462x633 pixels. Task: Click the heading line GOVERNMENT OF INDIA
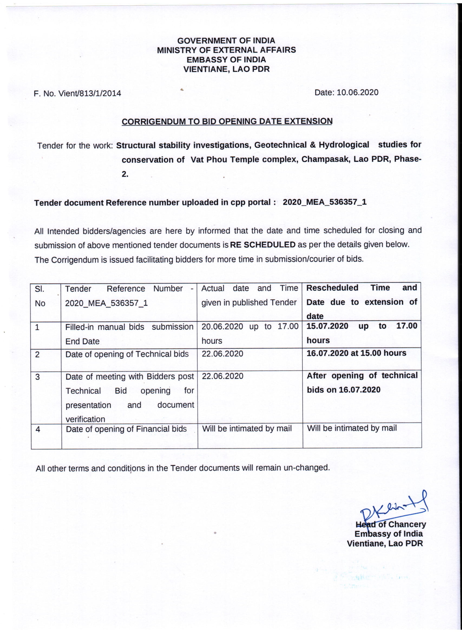click(x=226, y=41)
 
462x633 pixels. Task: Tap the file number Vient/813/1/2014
click(x=89, y=93)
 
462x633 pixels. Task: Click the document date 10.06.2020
click(x=358, y=93)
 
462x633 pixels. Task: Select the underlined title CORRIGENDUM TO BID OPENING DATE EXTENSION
click(x=227, y=121)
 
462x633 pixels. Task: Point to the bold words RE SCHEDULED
click(x=263, y=245)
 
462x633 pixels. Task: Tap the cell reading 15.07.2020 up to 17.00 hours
click(x=362, y=333)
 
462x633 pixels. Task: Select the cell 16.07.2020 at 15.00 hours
click(x=356, y=353)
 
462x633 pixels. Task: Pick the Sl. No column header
click(x=40, y=296)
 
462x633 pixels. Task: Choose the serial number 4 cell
click(x=38, y=429)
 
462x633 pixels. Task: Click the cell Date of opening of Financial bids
click(x=126, y=429)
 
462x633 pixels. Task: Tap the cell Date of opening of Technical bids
click(x=127, y=354)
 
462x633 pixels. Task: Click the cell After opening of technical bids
click(x=362, y=383)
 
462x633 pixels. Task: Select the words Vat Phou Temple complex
click(x=243, y=159)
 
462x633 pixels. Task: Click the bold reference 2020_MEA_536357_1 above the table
click(x=325, y=202)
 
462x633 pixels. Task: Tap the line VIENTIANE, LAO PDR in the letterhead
click(x=226, y=69)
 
